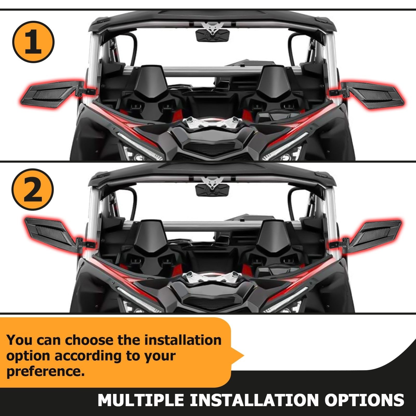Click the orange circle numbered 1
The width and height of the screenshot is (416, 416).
point(33,42)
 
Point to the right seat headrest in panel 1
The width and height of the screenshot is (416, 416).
point(275,83)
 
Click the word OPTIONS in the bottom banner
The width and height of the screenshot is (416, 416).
point(364,400)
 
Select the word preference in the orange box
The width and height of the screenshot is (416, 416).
point(45,372)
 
